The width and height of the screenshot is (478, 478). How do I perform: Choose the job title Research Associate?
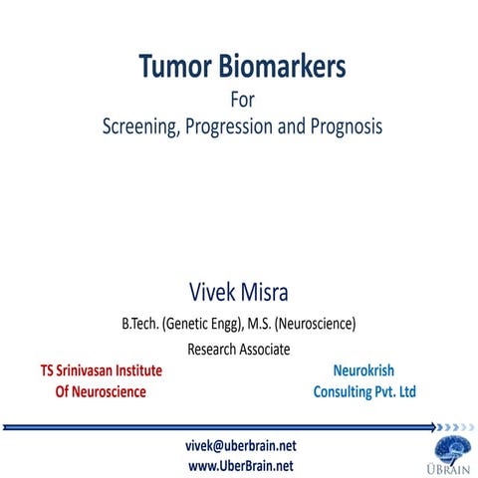pos(239,350)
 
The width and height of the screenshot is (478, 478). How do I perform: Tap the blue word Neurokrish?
pos(364,370)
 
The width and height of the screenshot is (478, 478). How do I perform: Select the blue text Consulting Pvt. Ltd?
pos(364,392)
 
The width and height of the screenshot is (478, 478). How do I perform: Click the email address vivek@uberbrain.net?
pos(240,445)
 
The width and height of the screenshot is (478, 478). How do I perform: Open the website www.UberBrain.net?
pos(240,465)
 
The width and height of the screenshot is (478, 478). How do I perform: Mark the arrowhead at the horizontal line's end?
pos(434,427)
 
